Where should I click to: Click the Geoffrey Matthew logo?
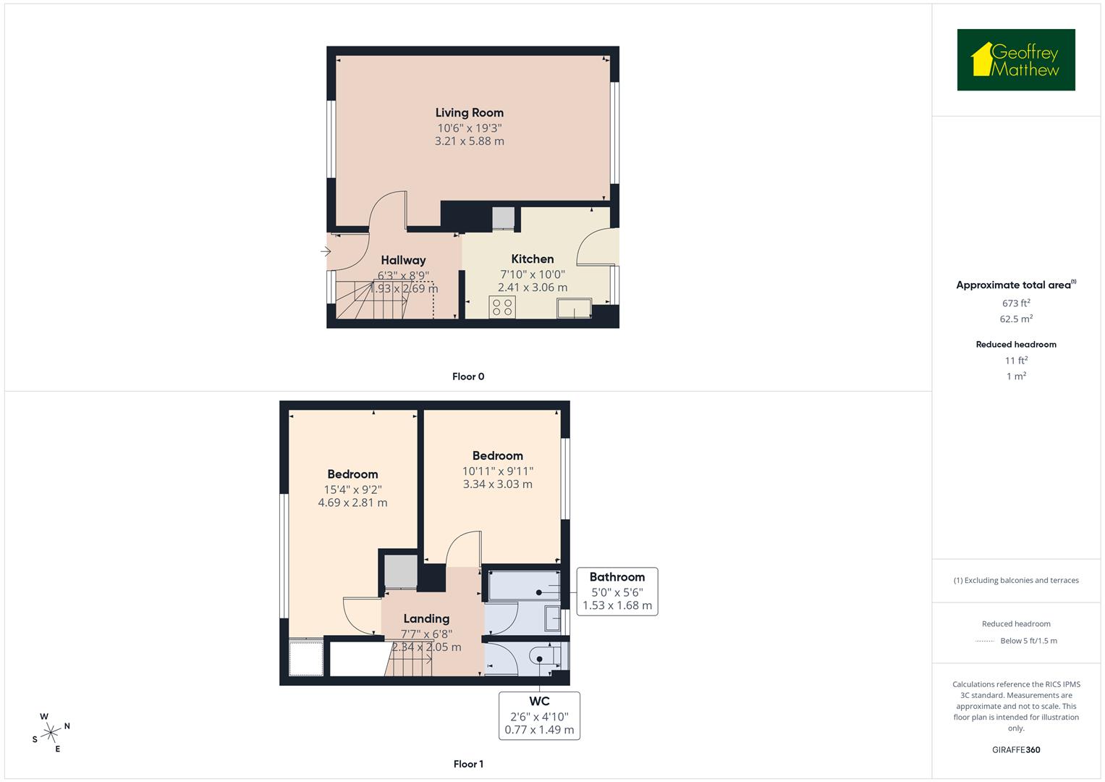[1015, 60]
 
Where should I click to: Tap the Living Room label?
[469, 113]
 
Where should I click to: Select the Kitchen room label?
[533, 259]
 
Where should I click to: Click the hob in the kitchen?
[502, 307]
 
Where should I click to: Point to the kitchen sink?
[574, 309]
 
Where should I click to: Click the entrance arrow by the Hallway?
[326, 252]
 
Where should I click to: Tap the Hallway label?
[403, 261]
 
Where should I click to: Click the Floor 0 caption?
[468, 377]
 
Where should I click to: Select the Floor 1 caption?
[468, 764]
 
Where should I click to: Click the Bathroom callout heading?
[617, 577]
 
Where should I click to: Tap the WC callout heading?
[539, 701]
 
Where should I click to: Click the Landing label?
[426, 619]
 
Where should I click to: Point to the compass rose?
[51, 732]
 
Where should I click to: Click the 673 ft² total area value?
[1016, 303]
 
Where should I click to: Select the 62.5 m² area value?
[1016, 319]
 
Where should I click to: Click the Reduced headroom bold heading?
[1016, 345]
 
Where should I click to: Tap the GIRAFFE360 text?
[1016, 749]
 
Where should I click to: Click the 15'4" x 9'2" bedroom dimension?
[352, 489]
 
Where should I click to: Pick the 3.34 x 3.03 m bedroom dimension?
[497, 484]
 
